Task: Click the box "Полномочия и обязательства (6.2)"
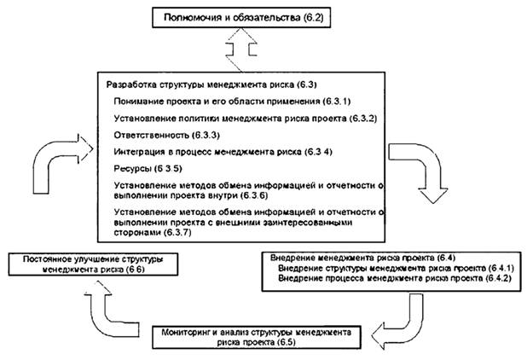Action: tap(242, 15)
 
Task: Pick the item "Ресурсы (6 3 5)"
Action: tap(141, 168)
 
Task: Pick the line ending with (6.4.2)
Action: tap(380, 279)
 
